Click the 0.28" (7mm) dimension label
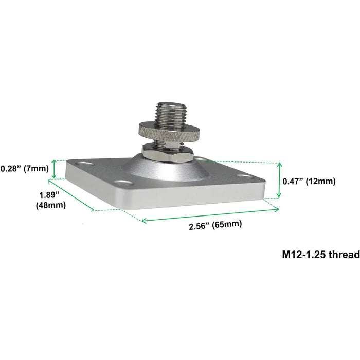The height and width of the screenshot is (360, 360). click(24, 168)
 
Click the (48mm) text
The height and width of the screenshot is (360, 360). click(50, 205)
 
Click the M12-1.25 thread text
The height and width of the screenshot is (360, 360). click(320, 254)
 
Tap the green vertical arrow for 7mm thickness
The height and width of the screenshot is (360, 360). click(54, 169)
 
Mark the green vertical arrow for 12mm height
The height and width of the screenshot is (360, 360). click(279, 180)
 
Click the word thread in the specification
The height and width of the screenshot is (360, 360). click(345, 254)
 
